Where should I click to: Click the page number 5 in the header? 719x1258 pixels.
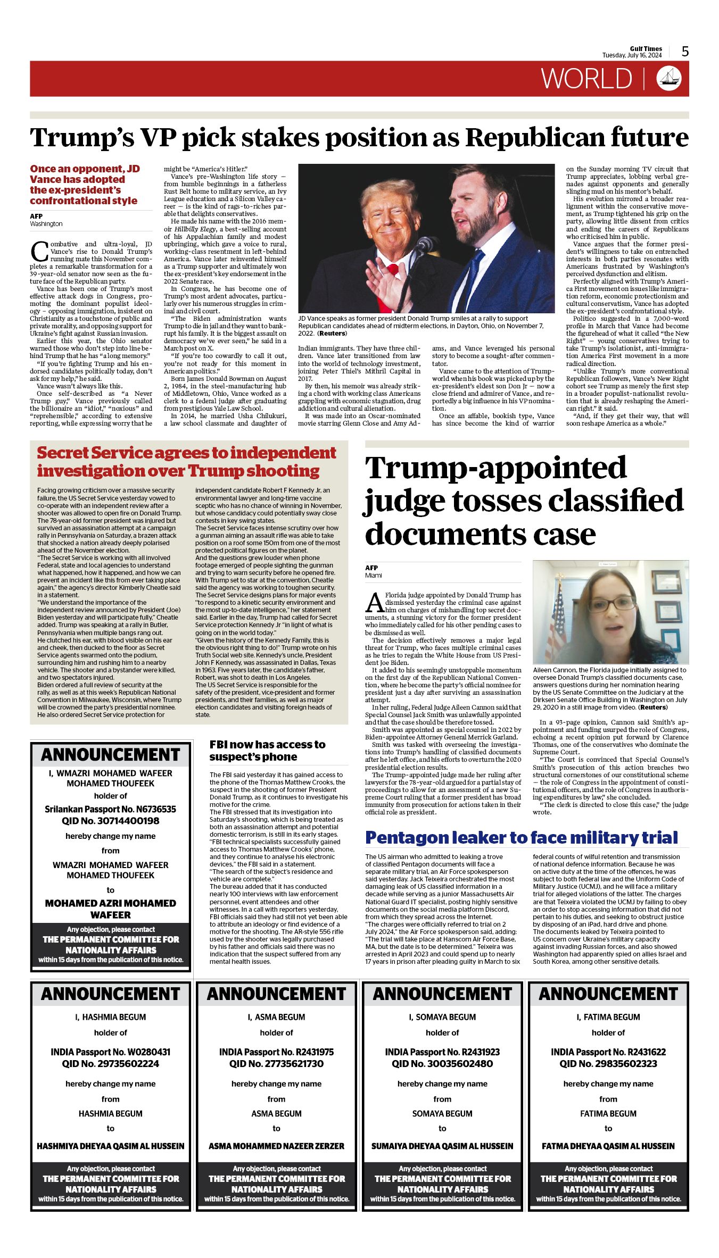[x=685, y=52]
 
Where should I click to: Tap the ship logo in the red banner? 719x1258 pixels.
[x=669, y=78]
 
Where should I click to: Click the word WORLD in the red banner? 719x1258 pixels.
[x=586, y=79]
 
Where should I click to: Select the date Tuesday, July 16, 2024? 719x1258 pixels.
[x=632, y=55]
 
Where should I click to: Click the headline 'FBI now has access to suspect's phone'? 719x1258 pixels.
[x=267, y=751]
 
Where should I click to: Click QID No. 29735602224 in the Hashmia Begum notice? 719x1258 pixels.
[x=111, y=1063]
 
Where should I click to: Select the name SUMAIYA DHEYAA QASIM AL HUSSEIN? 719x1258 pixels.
[x=442, y=1146]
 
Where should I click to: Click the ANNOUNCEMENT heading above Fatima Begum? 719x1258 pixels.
[x=608, y=994]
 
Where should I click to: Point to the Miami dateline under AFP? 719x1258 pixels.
[x=373, y=575]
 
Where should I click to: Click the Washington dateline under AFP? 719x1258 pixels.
[x=46, y=224]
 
